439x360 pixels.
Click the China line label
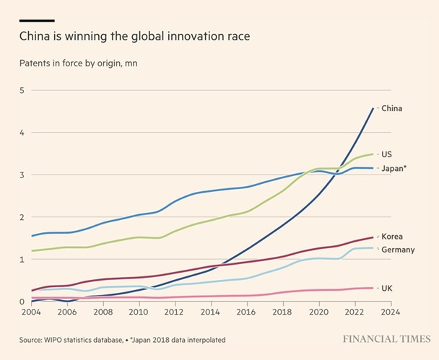[x=391, y=109]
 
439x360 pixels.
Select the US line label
[x=386, y=154]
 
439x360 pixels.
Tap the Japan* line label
[x=394, y=168]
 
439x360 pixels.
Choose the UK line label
[x=386, y=288]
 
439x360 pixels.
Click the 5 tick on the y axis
[x=22, y=90]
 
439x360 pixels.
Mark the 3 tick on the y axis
[x=22, y=175]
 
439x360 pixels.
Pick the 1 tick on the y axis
[x=22, y=259]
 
